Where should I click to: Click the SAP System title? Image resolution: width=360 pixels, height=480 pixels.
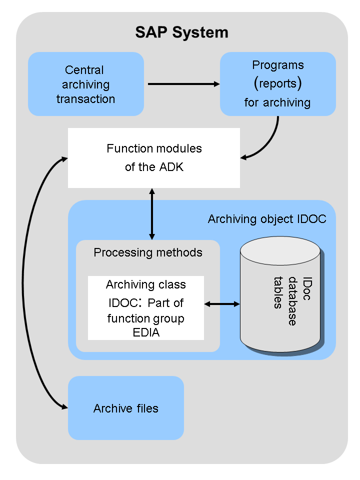(x=181, y=32)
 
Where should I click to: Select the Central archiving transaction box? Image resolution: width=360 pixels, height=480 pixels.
(x=85, y=84)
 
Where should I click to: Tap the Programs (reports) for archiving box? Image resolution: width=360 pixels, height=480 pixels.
(x=277, y=84)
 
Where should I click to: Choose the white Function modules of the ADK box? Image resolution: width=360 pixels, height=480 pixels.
(x=154, y=158)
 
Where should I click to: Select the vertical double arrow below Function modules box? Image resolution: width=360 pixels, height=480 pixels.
(x=152, y=214)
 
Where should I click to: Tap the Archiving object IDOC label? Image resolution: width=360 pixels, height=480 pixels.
(x=267, y=219)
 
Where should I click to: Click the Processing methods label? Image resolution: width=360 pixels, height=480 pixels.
(x=148, y=252)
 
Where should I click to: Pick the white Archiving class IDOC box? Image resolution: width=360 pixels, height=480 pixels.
(x=146, y=308)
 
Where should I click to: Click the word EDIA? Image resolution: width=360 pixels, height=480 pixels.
(x=146, y=332)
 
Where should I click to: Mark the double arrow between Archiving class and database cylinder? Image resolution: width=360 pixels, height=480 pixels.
(x=222, y=303)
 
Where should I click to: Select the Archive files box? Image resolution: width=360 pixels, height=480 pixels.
(x=126, y=408)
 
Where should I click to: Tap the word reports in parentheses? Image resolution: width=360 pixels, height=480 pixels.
(x=278, y=84)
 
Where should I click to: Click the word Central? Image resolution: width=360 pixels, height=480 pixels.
(x=85, y=70)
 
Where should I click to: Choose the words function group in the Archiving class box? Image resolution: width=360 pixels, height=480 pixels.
(x=146, y=318)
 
